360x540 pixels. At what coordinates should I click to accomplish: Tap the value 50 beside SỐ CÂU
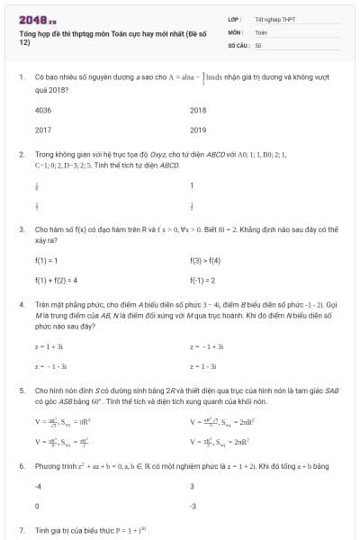click(x=258, y=44)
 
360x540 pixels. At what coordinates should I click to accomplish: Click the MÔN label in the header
click(x=236, y=31)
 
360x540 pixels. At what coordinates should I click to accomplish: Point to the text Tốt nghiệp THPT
click(x=274, y=19)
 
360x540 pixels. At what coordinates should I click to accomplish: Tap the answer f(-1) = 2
click(x=203, y=280)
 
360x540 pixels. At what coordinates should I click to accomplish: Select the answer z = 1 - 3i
click(x=203, y=366)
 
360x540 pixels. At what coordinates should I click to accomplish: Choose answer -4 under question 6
click(x=38, y=486)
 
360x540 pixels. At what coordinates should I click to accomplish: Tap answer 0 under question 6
click(x=37, y=506)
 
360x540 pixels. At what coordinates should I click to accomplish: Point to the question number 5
click(x=21, y=391)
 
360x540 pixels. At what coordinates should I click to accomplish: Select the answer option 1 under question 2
click(x=192, y=186)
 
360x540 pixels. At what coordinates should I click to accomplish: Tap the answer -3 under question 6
click(x=193, y=506)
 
